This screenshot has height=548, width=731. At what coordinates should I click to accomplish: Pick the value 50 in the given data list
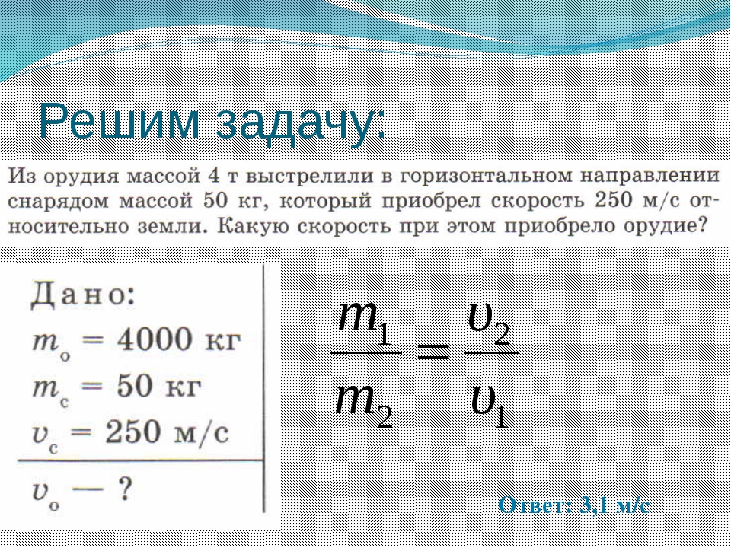click(x=135, y=387)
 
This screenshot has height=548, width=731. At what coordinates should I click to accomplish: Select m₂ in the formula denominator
click(x=364, y=406)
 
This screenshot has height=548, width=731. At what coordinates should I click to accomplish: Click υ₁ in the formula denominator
click(x=490, y=406)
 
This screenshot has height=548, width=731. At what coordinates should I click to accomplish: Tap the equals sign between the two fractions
click(x=433, y=352)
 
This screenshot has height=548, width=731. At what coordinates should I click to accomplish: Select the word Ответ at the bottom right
click(x=535, y=505)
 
